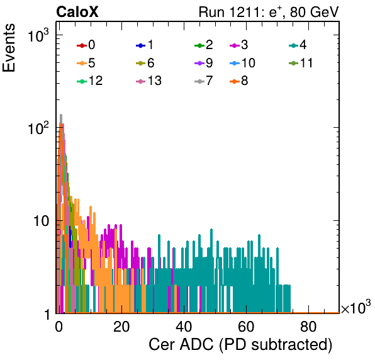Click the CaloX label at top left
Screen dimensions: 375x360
77,12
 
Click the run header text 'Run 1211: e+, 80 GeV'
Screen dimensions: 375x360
269,12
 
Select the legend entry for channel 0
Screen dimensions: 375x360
86,45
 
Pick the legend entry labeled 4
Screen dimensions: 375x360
298,45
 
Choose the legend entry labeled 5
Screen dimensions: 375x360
86,63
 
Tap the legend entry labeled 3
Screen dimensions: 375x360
239,45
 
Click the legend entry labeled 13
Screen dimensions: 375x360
148,81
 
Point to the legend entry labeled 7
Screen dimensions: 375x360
204,81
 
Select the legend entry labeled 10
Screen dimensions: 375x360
242,63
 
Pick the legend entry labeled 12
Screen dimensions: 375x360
90,81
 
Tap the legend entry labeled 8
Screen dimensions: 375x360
239,81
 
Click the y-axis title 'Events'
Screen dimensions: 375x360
9,48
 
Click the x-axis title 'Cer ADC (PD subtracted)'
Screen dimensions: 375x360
240,345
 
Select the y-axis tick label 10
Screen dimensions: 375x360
42,222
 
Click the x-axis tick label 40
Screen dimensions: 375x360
184,327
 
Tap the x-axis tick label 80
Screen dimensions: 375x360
308,327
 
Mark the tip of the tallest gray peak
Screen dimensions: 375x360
61,115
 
